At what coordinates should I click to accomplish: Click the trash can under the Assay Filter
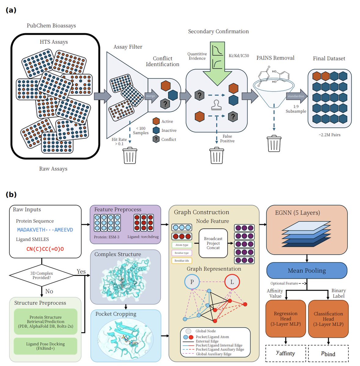click(x=130, y=156)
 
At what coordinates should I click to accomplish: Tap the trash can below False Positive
click(x=216, y=156)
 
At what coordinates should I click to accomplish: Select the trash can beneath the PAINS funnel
click(x=274, y=143)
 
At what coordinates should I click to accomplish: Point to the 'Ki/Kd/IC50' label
click(x=239, y=56)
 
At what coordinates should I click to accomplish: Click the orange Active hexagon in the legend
click(x=156, y=121)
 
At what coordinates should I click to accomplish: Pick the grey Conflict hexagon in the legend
click(x=156, y=139)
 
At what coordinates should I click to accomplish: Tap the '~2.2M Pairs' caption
click(x=329, y=135)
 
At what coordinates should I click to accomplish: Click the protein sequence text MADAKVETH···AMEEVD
click(x=45, y=230)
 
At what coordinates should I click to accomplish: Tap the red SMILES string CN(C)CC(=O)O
click(x=45, y=249)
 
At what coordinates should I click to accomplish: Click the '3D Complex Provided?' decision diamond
click(x=42, y=275)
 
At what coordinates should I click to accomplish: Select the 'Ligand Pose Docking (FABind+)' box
click(x=45, y=346)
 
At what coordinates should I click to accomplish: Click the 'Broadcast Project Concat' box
click(x=213, y=243)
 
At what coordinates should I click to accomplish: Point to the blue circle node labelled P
click(x=192, y=282)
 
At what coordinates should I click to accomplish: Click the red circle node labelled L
click(x=232, y=282)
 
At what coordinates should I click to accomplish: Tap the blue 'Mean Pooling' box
click(x=307, y=271)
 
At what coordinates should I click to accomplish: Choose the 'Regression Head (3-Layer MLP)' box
click(x=285, y=319)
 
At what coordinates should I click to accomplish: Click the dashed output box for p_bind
click(x=328, y=353)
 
